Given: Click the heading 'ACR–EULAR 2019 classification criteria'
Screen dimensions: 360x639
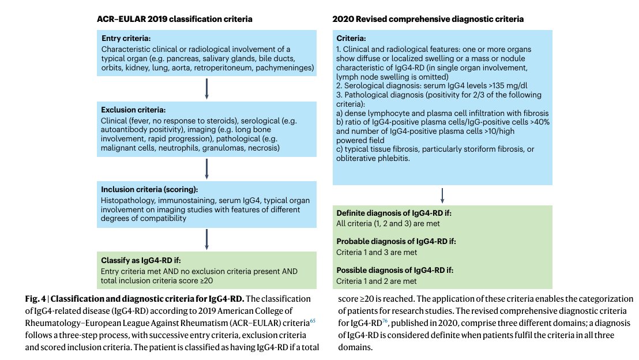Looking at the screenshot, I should (174, 19).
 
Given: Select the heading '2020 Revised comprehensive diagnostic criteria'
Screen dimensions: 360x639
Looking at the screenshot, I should (428, 19).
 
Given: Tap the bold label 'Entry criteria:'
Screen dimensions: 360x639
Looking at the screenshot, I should (126, 39).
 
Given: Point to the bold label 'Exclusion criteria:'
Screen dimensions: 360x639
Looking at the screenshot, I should (133, 110).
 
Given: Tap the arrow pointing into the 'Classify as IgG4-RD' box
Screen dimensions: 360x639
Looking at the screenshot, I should (206, 239).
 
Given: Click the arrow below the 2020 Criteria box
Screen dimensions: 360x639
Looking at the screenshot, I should (442, 195).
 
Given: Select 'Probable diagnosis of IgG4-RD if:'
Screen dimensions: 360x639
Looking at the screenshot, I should (400, 242).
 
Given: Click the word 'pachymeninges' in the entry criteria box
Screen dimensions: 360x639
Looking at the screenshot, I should (287, 69).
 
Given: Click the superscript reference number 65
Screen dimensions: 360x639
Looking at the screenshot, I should (313, 320).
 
